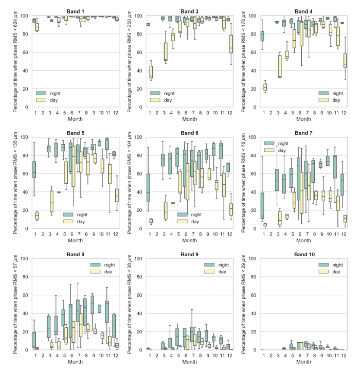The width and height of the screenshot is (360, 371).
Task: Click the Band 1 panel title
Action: click(76, 11)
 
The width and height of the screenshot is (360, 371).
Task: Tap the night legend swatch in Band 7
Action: click(270, 143)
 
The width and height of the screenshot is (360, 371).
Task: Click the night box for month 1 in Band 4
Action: click(262, 36)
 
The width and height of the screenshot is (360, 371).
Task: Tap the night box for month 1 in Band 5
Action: click(34, 169)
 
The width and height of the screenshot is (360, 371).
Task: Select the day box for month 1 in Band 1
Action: click(37, 27)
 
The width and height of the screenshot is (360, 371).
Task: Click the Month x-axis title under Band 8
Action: click(76, 362)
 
